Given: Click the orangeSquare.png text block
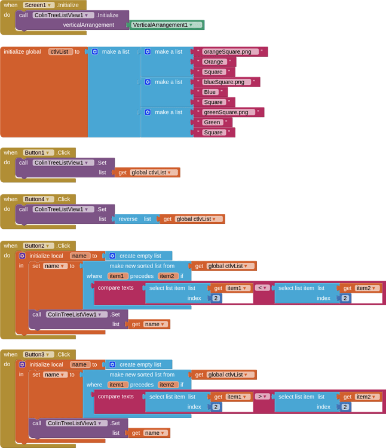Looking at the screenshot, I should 230,52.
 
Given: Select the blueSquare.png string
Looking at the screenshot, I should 226,82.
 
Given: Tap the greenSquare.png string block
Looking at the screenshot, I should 228,112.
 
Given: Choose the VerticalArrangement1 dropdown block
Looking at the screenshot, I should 167,25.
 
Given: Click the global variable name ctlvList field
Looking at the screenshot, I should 60,52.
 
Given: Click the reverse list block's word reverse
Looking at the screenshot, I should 128,219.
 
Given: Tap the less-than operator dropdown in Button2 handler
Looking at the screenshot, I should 262,288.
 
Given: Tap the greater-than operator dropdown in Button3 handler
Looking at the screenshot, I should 262,397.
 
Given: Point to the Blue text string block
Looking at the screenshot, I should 210,92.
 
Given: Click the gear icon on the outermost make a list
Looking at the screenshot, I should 94,52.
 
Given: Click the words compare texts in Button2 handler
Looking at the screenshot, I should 116,288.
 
